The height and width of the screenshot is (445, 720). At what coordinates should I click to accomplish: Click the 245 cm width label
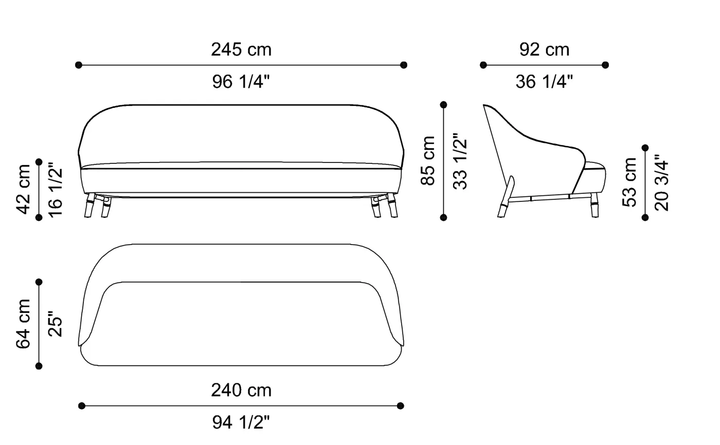click(241, 50)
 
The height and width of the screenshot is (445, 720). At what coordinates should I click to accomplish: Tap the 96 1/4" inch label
click(241, 81)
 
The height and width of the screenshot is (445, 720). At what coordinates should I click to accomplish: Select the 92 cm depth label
click(544, 50)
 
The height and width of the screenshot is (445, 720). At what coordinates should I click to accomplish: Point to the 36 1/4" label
click(544, 81)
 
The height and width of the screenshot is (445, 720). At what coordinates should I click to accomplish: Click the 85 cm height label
click(428, 160)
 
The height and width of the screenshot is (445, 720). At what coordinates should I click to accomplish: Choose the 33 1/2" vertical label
click(460, 161)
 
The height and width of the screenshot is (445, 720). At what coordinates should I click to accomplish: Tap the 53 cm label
click(629, 182)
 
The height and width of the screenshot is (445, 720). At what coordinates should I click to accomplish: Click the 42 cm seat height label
click(23, 189)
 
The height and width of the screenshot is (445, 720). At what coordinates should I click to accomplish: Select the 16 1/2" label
click(55, 193)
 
